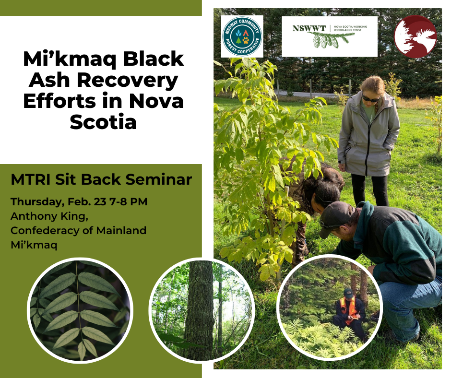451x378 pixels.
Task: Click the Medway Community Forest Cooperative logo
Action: point(242,36)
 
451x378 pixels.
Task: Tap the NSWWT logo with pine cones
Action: point(329,36)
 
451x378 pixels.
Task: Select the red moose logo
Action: point(415,36)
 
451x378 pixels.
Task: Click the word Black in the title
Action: point(154,59)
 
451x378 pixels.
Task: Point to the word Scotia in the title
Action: point(103,122)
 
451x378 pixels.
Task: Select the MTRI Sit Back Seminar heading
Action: point(101,179)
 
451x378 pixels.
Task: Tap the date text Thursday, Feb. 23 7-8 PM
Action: point(79,201)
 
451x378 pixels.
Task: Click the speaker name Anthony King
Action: point(49,216)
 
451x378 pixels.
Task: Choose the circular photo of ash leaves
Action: point(80,310)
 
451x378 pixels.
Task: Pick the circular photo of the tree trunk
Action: point(202,310)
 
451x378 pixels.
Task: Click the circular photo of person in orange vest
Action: point(329,307)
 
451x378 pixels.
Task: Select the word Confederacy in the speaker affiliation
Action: point(44,230)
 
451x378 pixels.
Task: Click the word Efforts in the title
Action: point(59,101)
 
